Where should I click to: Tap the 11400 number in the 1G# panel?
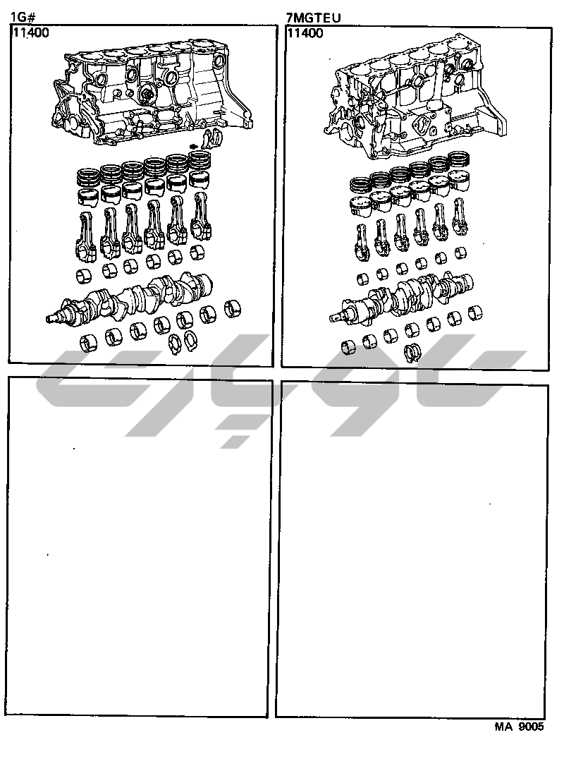tap(30, 33)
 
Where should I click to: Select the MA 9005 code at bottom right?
tap(518, 728)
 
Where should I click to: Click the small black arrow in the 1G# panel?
tap(195, 146)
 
